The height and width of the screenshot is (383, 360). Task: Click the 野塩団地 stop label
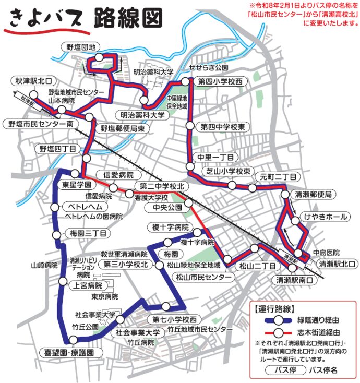click(78, 46)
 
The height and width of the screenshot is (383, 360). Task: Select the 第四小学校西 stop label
click(221, 82)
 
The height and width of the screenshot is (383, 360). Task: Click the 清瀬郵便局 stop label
click(312, 194)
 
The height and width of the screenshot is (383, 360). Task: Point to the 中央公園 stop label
click(167, 208)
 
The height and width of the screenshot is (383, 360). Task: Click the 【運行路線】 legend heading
click(275, 308)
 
